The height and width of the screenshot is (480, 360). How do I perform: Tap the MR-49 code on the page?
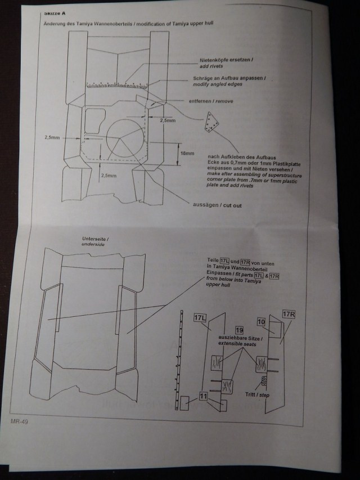click(x=20, y=420)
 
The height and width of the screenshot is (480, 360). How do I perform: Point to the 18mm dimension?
click(x=187, y=154)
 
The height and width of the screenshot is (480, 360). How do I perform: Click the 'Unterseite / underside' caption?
click(x=96, y=243)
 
